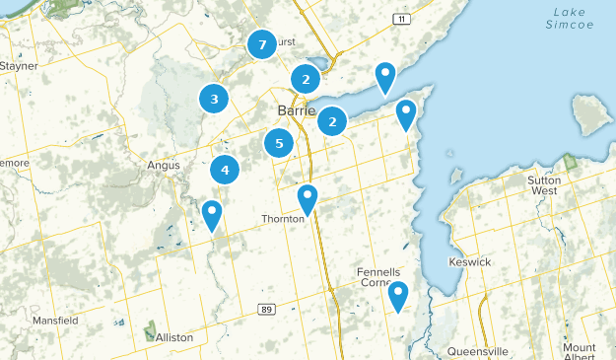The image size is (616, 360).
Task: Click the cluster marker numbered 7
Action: (x=261, y=44)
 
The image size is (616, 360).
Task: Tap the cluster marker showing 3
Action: (x=214, y=98)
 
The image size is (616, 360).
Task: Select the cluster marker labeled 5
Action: (x=279, y=143)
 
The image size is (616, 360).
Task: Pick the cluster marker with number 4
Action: (x=226, y=170)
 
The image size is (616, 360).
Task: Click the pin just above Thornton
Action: (x=308, y=199)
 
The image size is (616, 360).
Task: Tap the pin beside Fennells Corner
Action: (x=398, y=295)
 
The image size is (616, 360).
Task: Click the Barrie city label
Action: (x=296, y=110)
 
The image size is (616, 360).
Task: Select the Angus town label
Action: (x=164, y=166)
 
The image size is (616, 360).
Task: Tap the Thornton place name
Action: (x=282, y=219)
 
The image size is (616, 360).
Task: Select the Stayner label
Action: (x=19, y=66)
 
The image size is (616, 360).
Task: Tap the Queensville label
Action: (x=477, y=351)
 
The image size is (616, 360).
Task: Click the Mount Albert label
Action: (x=581, y=352)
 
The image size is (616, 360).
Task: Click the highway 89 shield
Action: (x=294, y=310)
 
